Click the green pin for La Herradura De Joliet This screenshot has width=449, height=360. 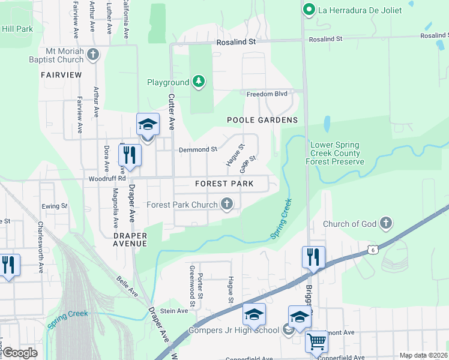(309, 9)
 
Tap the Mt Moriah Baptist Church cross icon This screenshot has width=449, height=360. (92, 55)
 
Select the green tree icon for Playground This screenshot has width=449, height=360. (198, 82)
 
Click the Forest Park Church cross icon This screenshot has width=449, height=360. (227, 205)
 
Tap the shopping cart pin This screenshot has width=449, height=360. (316, 342)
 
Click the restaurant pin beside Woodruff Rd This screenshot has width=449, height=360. (130, 155)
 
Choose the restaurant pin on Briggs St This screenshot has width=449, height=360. (313, 257)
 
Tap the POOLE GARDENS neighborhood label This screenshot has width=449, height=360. (262, 120)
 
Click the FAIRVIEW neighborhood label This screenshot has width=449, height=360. (61, 75)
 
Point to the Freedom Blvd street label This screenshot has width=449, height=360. (267, 94)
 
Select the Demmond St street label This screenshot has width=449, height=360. (197, 149)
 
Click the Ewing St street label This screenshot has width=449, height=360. (55, 206)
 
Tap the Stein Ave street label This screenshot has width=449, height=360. (174, 311)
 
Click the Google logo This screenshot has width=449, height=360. (20, 353)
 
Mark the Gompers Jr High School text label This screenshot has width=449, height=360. (234, 330)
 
